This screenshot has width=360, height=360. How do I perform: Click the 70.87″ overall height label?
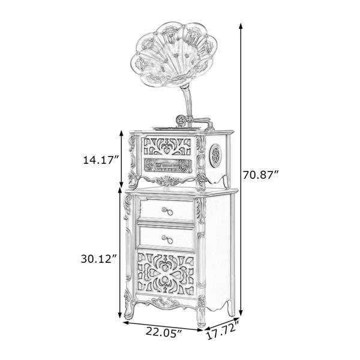click(x=261, y=176)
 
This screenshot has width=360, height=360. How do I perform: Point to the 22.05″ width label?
click(x=164, y=332)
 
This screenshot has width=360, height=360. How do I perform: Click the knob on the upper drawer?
click(x=167, y=211)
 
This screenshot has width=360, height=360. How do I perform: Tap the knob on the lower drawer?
click(x=167, y=239)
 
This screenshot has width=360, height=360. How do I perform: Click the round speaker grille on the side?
click(x=215, y=155)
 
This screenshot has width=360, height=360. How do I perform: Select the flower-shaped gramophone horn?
click(x=174, y=54)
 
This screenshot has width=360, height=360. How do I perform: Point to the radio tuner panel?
click(x=168, y=166)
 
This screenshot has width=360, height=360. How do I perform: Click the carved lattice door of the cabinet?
click(x=166, y=274)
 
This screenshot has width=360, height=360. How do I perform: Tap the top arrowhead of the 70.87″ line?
click(x=241, y=26)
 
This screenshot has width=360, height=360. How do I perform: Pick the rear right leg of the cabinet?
click(x=231, y=308)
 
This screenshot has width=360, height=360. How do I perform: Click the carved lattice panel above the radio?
click(x=167, y=146)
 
